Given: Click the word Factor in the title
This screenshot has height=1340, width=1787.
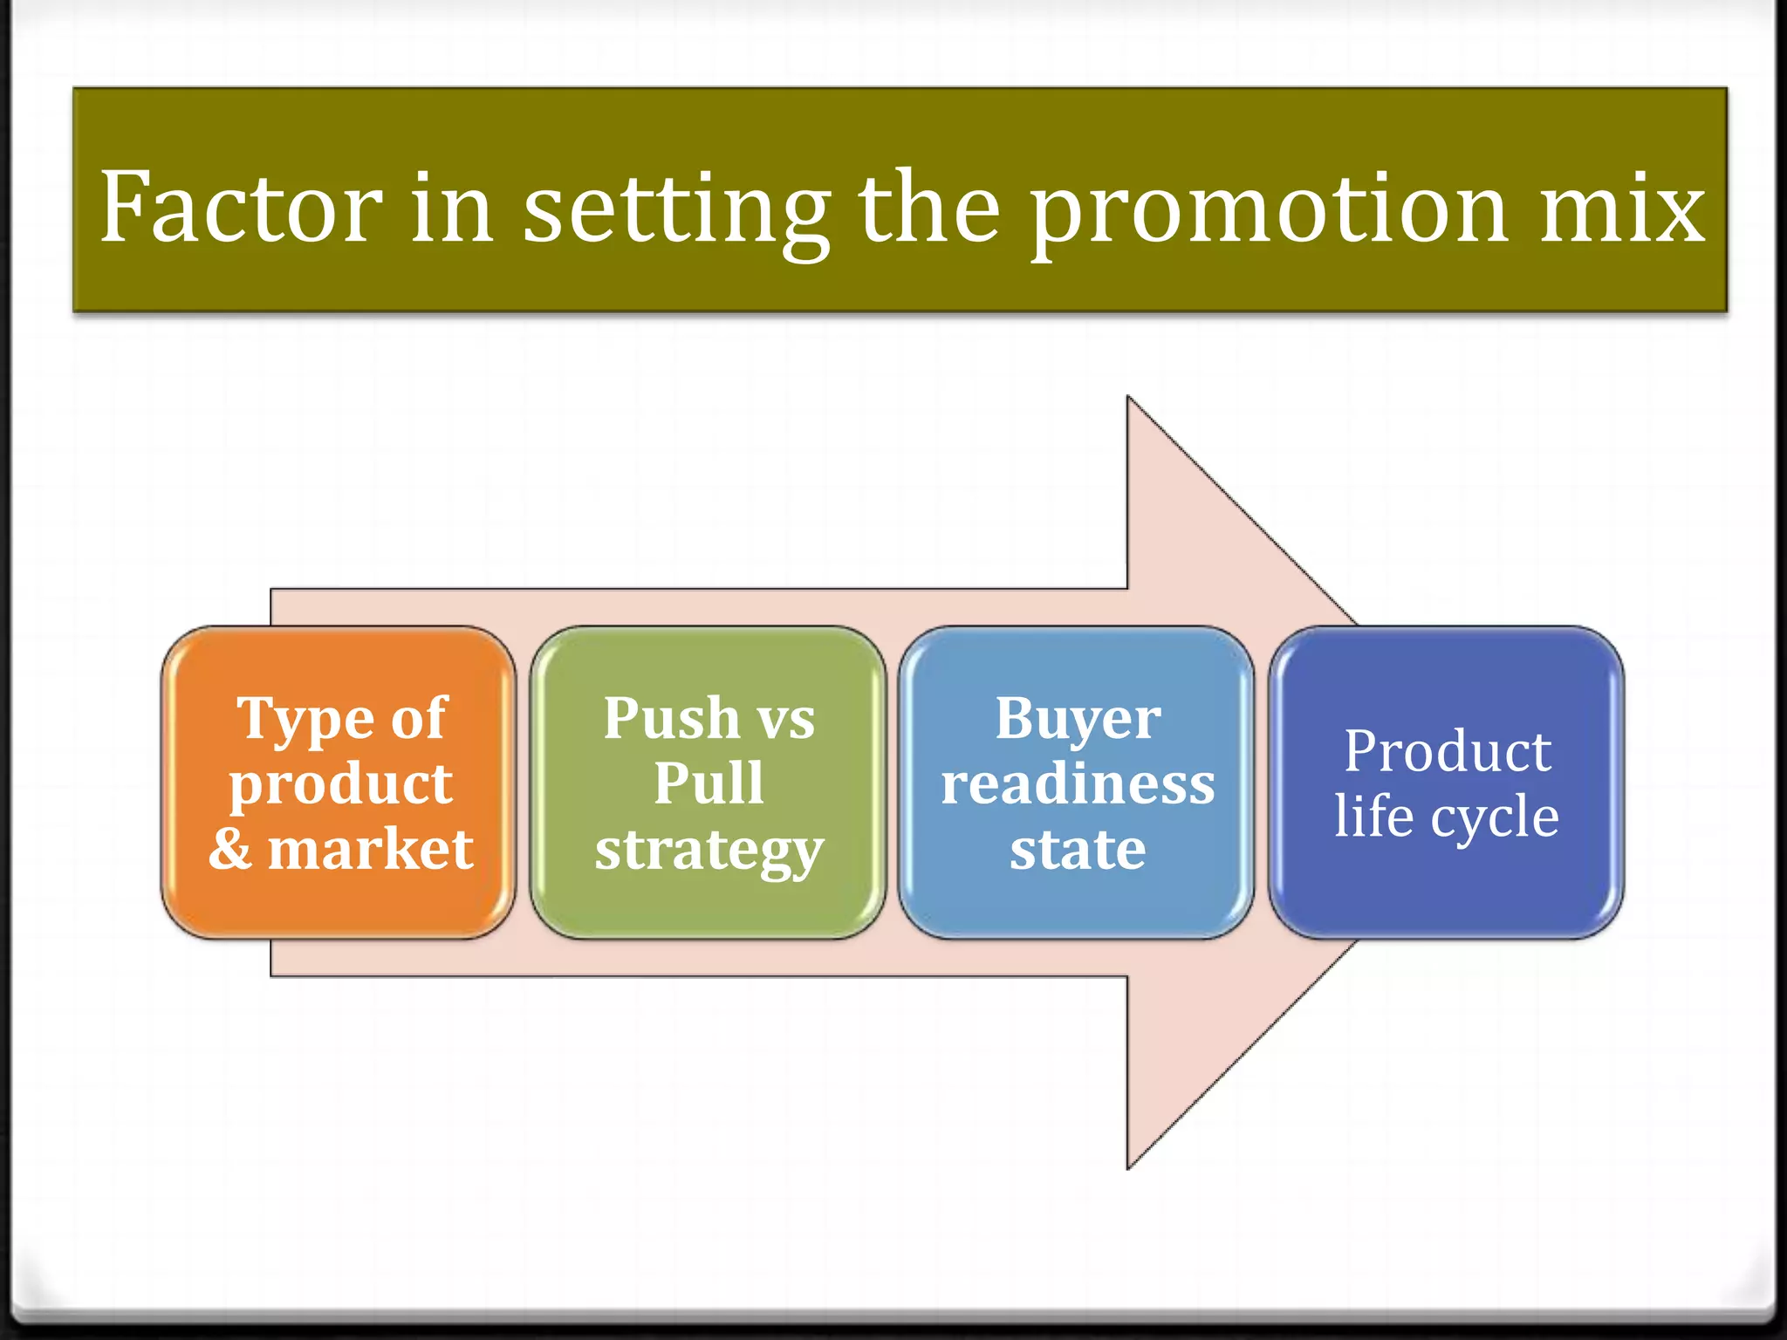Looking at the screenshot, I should [x=241, y=208].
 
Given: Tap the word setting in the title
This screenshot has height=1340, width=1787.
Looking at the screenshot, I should [x=676, y=209].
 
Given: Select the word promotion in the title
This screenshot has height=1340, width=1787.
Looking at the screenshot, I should [x=1270, y=209].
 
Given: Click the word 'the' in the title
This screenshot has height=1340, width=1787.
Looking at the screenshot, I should [x=928, y=208].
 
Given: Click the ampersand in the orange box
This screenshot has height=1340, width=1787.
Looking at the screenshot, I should [x=229, y=848].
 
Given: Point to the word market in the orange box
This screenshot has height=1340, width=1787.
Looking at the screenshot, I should [x=371, y=848].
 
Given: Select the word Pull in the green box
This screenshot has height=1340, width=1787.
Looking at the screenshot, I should [x=709, y=783].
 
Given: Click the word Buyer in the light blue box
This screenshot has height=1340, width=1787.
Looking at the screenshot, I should [x=1078, y=718].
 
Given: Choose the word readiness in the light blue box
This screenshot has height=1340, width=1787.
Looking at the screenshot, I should [x=1078, y=783].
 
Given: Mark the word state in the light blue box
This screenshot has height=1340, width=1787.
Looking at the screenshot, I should [x=1078, y=849].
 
